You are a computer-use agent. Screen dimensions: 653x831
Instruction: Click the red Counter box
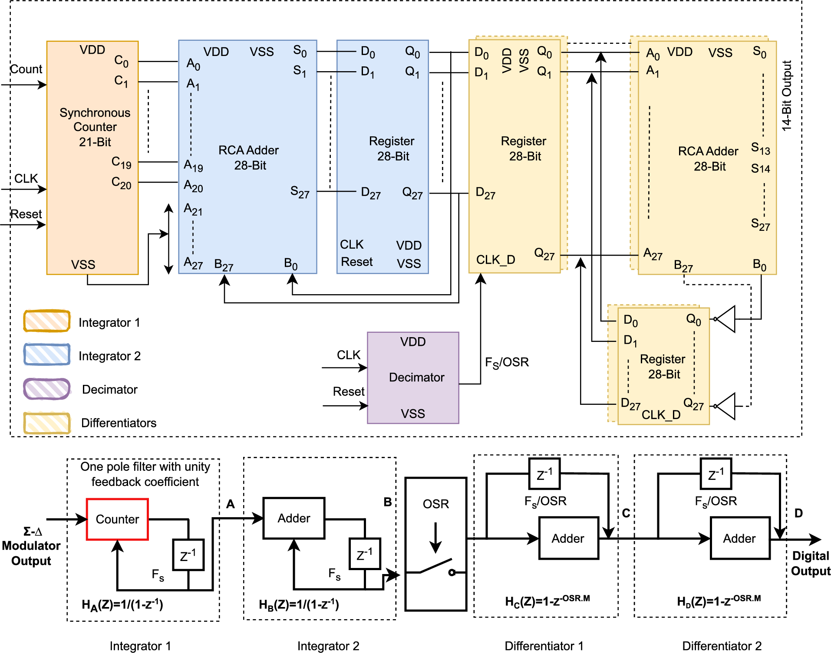(x=117, y=519)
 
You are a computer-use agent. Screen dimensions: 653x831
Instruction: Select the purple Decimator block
(x=413, y=377)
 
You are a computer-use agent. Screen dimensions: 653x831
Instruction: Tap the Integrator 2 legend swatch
(x=47, y=354)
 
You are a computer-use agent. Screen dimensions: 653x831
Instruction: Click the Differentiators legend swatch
(x=47, y=423)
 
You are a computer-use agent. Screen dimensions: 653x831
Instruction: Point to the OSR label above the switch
(x=435, y=504)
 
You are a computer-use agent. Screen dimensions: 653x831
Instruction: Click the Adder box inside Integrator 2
(x=294, y=518)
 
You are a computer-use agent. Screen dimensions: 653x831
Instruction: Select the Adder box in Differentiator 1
(x=568, y=538)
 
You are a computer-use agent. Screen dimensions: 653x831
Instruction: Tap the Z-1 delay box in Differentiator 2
(x=716, y=474)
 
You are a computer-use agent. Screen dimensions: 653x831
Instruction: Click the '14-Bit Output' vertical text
(x=787, y=95)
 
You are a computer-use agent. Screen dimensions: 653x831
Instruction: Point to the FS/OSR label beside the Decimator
(x=507, y=362)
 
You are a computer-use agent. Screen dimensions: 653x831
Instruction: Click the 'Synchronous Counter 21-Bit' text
(x=95, y=127)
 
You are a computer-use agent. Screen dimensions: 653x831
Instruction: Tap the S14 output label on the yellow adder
(x=760, y=168)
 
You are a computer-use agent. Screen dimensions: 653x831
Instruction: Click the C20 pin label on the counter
(x=121, y=183)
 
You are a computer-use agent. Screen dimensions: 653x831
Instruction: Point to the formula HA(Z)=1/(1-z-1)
(x=122, y=604)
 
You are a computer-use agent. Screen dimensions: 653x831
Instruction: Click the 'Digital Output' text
(x=810, y=563)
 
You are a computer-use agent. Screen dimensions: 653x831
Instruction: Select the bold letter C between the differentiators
(x=626, y=513)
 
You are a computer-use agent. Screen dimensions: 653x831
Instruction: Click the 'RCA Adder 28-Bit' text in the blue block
(x=249, y=158)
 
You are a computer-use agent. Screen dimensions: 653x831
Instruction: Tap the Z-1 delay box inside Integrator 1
(x=188, y=555)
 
